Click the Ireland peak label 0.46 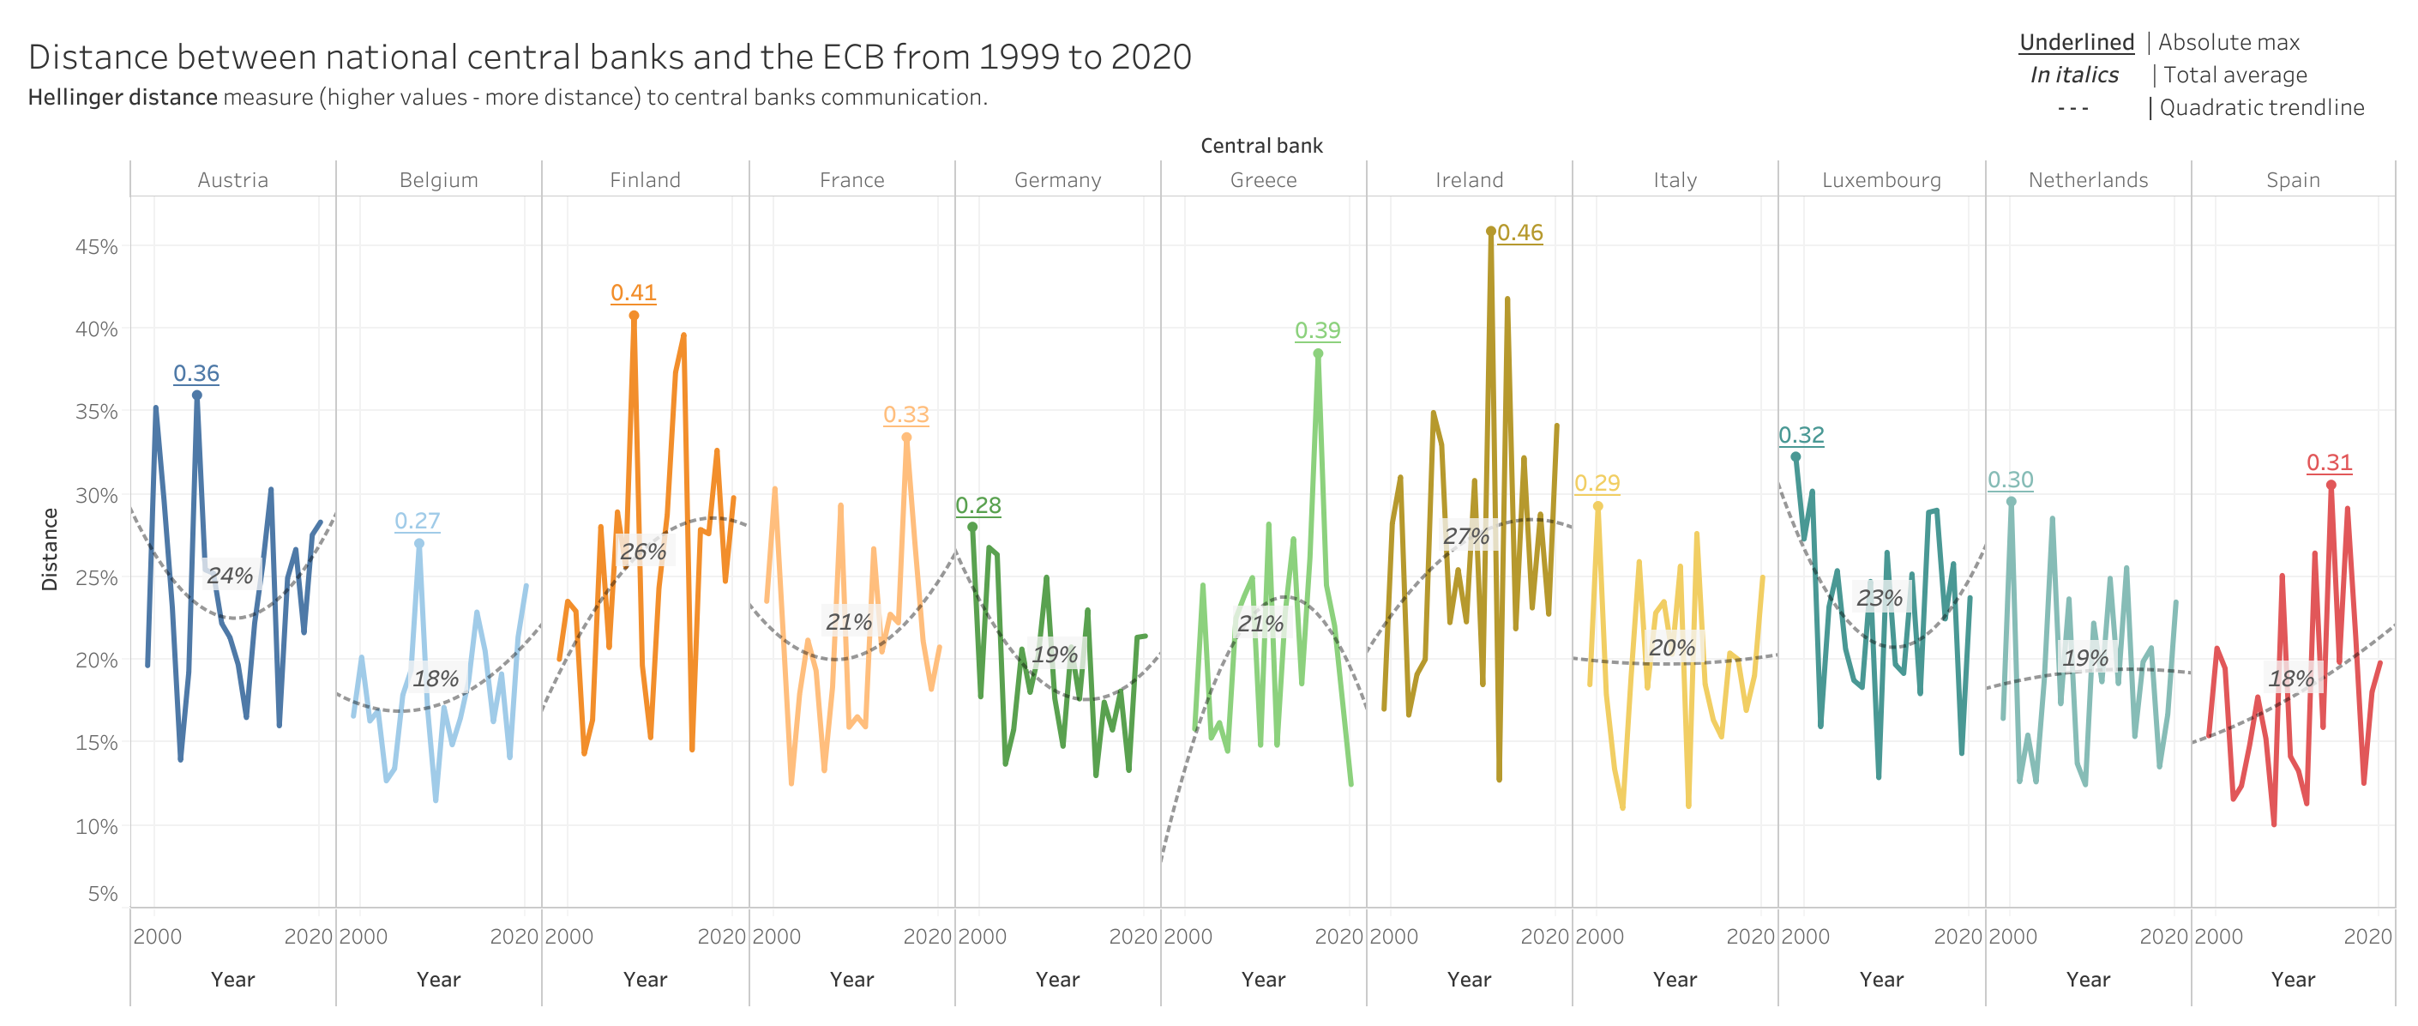point(1519,232)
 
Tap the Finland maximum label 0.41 point(634,293)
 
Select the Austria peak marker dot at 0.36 point(197,395)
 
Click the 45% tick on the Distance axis point(97,247)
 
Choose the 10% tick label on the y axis point(97,826)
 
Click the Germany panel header point(1058,180)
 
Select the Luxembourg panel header point(1881,180)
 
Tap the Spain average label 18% point(2290,678)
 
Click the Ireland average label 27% point(1466,536)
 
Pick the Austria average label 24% point(230,576)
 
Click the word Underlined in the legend point(2077,42)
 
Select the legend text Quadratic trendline point(2261,108)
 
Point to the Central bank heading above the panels point(1261,146)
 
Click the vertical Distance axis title point(50,549)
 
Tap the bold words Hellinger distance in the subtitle point(123,98)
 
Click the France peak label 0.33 point(905,415)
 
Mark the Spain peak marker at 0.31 point(2331,486)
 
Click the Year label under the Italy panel point(1675,979)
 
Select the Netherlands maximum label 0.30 point(2010,480)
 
